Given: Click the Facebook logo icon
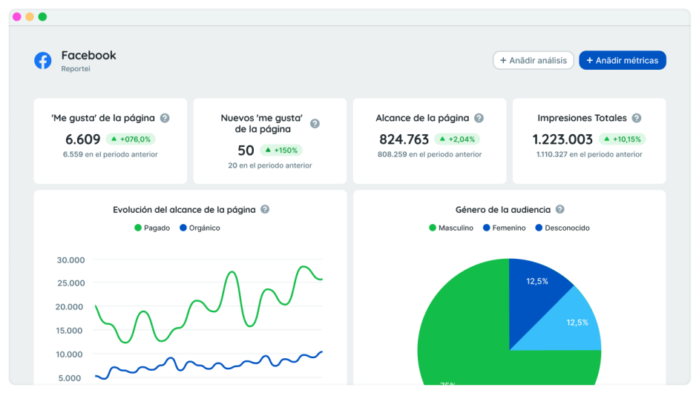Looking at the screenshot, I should (x=43, y=61).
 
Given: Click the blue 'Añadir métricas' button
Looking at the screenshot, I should (x=622, y=61).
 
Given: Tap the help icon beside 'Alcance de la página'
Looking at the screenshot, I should (x=479, y=118).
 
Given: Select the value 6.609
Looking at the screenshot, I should (x=83, y=139).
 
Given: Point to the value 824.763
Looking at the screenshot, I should (x=404, y=139).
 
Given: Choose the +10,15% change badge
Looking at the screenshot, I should (x=622, y=139).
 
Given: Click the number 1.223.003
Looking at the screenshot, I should (x=562, y=139).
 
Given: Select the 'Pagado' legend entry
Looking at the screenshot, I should (x=152, y=228).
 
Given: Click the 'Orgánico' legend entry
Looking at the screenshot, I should (x=200, y=228).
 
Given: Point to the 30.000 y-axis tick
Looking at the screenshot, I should (x=70, y=260).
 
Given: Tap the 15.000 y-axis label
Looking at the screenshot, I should (x=70, y=331).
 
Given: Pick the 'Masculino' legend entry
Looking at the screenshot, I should (x=451, y=228).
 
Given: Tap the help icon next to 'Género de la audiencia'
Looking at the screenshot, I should (x=560, y=210).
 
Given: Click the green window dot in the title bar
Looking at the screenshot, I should (x=42, y=16).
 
